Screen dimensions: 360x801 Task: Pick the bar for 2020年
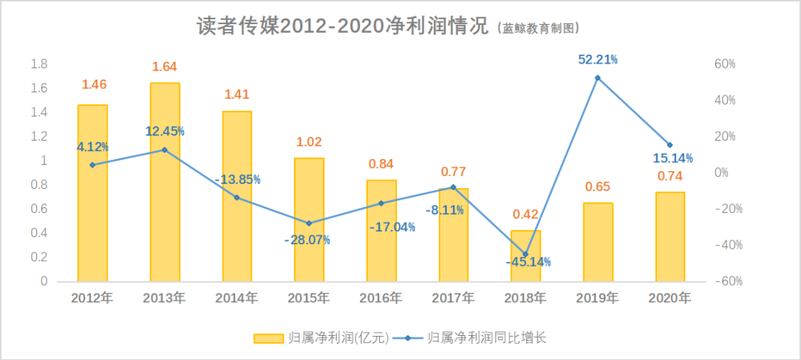coord(670,236)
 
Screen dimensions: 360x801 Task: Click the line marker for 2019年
coord(598,78)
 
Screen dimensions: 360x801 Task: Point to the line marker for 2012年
coord(92,165)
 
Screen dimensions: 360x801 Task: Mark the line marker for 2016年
coord(382,203)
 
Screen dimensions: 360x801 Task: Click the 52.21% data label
coord(598,59)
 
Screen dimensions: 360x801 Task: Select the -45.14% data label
coord(528,262)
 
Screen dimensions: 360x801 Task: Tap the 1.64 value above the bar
coord(165,67)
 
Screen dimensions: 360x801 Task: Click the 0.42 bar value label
coord(526,214)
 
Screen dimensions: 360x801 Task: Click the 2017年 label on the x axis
coord(453,298)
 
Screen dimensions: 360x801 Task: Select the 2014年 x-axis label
coord(236,298)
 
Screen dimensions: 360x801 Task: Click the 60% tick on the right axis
coord(726,64)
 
